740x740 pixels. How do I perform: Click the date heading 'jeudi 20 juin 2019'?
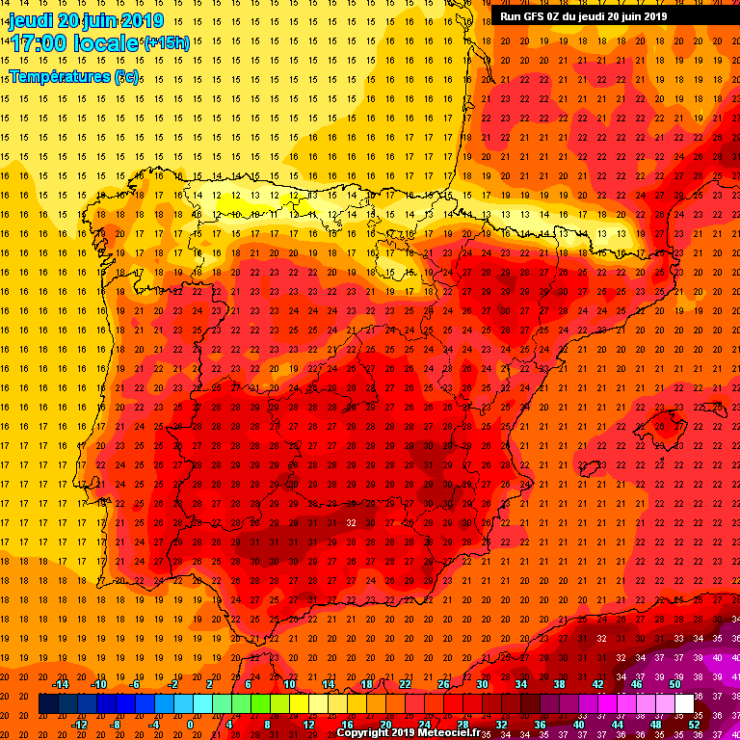pos(86,20)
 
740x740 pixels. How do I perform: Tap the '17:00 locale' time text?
pos(75,42)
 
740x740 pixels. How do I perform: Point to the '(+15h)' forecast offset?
pos(166,42)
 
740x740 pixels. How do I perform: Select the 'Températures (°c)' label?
pos(74,76)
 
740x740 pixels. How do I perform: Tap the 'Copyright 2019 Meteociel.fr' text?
pos(409,732)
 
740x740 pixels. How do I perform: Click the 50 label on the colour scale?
pos(674,684)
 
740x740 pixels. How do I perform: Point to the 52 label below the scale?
pos(695,725)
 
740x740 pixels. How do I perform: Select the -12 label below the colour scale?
pos(80,725)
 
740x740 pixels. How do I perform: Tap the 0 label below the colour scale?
pos(191,725)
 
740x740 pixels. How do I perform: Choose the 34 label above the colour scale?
pos(520,684)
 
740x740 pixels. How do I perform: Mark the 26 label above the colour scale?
pos(443,684)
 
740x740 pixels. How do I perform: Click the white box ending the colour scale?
pos(684,704)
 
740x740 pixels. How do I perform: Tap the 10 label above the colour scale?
pos(288,684)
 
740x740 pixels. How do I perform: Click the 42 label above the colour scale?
pos(597,684)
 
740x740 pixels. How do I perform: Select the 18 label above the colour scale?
pos(366,684)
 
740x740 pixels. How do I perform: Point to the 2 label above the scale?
pos(210,684)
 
